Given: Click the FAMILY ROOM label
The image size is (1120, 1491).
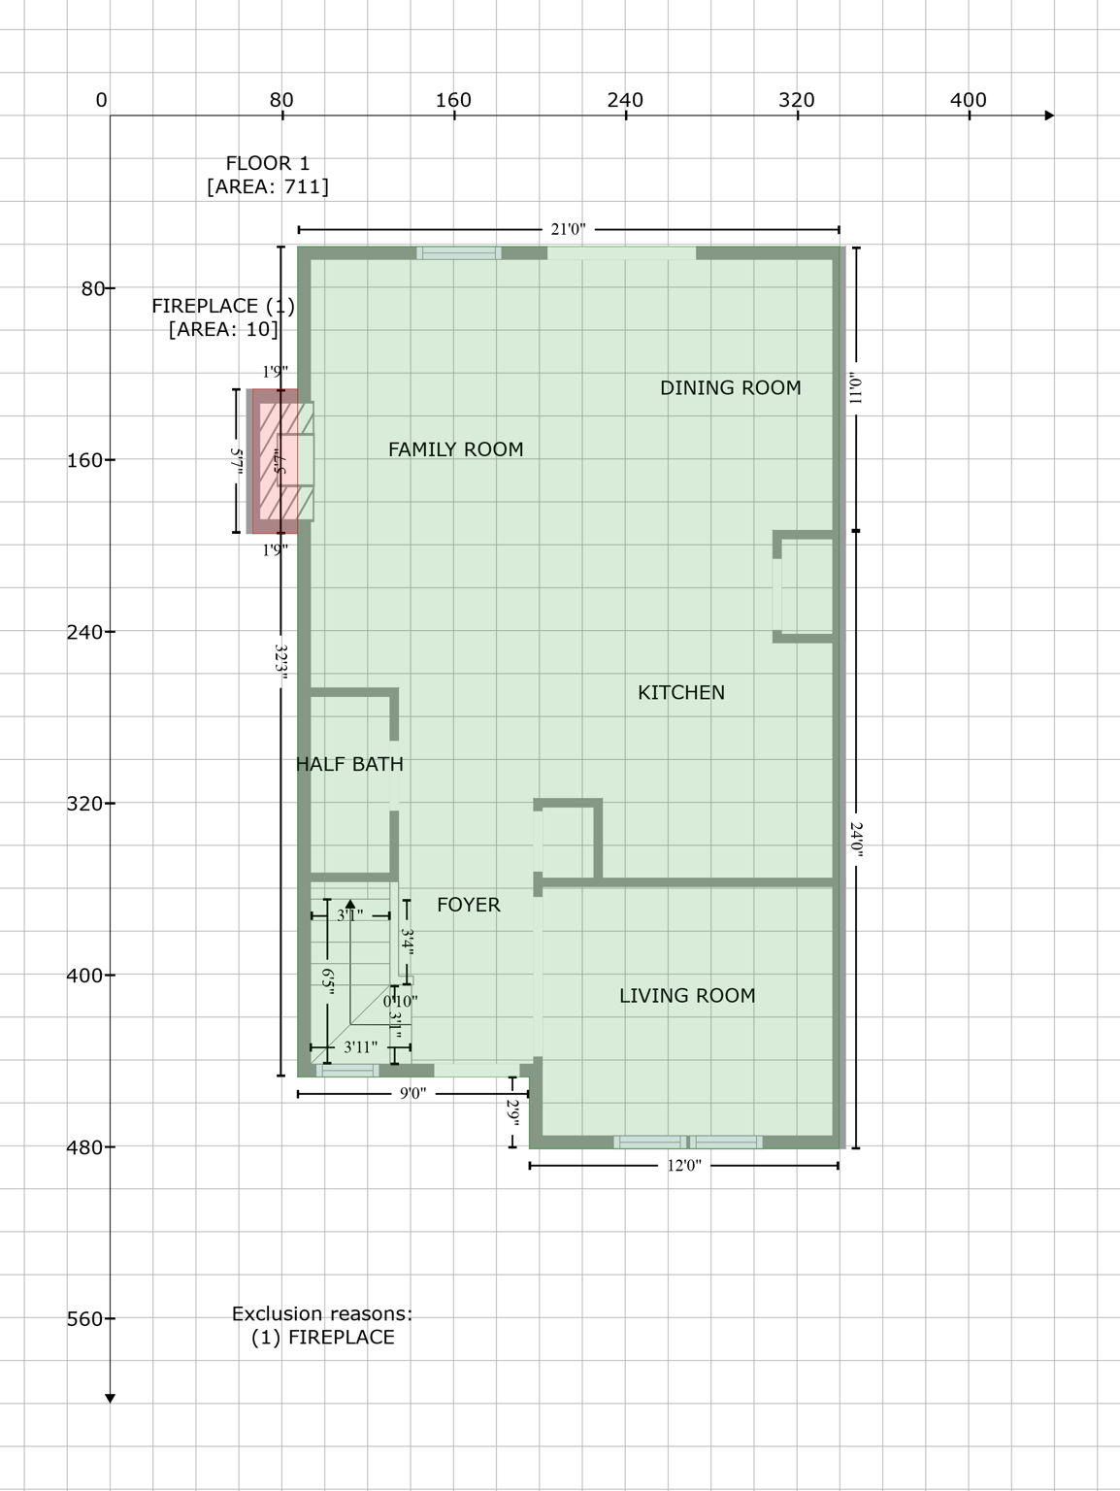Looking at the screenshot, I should point(455,449).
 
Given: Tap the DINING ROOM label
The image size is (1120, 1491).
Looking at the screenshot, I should point(730,388).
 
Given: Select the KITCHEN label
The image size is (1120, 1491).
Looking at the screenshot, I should point(680,692).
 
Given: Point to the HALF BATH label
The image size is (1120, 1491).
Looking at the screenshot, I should point(349,764).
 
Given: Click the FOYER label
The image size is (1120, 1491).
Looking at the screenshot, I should point(468,905).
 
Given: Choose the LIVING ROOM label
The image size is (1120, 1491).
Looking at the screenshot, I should point(686,995).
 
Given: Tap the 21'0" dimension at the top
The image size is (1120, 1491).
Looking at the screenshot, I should point(568,230).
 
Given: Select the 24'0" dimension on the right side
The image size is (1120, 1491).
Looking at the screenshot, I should point(856,841).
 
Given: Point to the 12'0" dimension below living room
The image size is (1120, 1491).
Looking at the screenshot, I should point(683,1166).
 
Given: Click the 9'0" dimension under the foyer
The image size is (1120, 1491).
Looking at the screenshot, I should point(412,1094).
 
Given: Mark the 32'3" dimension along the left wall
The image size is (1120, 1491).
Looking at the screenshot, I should point(280,665).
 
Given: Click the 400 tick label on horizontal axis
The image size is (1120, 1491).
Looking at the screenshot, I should point(968,100).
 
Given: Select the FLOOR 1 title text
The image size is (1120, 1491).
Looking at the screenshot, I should point(267,163).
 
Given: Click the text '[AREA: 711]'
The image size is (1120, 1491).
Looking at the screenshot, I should point(267,186).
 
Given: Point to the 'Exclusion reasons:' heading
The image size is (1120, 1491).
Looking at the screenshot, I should point(321,1313).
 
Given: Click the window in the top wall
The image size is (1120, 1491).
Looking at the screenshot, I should point(459,253).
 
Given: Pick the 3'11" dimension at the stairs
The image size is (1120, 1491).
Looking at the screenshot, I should point(360,1047).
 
